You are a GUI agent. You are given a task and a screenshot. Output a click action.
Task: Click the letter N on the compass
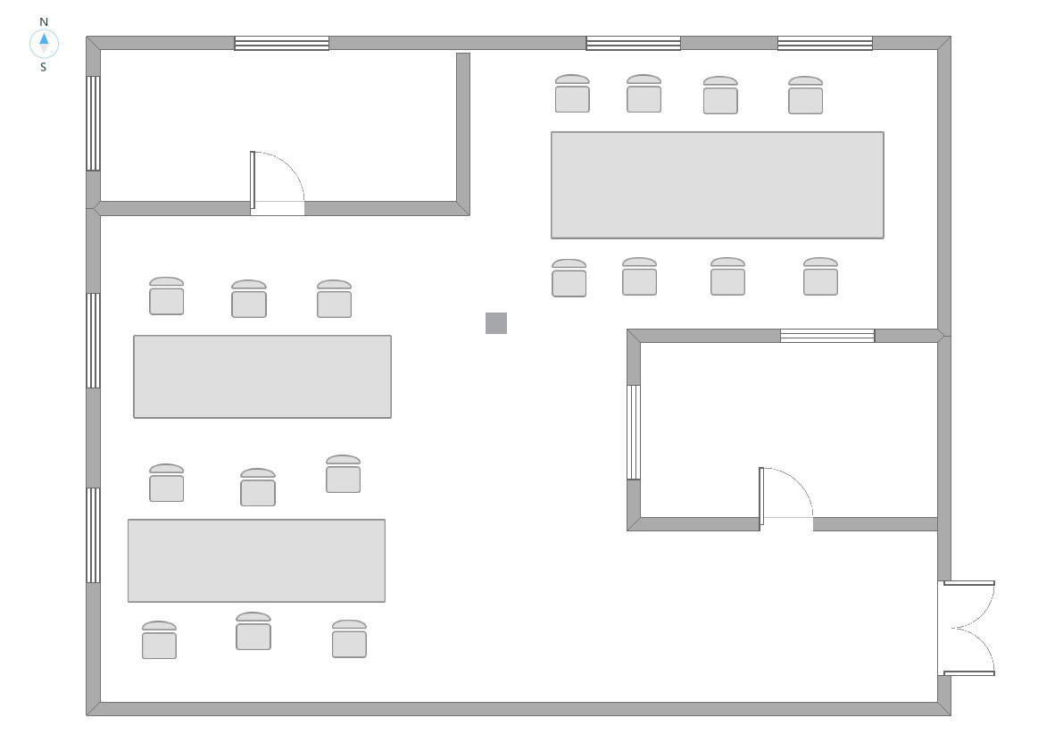pyautogui.click(x=44, y=21)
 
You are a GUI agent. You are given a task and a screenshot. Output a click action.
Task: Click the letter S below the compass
pyautogui.click(x=43, y=67)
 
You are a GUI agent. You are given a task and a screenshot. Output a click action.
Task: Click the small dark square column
pyautogui.click(x=496, y=323)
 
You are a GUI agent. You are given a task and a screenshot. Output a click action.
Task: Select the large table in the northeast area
pyautogui.click(x=717, y=185)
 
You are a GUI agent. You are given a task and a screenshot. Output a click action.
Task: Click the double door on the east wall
pyautogui.click(x=968, y=628)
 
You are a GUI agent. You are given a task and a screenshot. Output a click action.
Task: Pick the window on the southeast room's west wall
pyautogui.click(x=634, y=432)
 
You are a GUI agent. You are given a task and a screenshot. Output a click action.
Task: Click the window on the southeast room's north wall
pyautogui.click(x=827, y=336)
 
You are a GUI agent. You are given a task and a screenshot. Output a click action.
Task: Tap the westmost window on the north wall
pyautogui.click(x=281, y=43)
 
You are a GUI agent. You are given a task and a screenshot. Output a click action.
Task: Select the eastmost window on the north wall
pyautogui.click(x=825, y=43)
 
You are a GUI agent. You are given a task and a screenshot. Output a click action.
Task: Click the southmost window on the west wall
pyautogui.click(x=93, y=535)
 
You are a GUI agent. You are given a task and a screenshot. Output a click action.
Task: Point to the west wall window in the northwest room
pyautogui.click(x=93, y=123)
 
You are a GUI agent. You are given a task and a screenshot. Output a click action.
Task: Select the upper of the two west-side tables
pyautogui.click(x=262, y=376)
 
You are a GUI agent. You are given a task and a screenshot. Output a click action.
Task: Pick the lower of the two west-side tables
pyautogui.click(x=256, y=561)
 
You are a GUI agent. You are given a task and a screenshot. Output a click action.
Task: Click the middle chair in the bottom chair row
pyautogui.click(x=253, y=631)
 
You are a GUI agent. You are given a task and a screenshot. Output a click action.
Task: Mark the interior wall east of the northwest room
pyautogui.click(x=463, y=129)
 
